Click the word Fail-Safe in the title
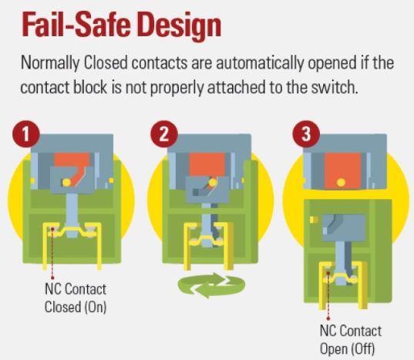[x=76, y=25]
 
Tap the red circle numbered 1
[x=26, y=134]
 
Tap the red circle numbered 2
[x=164, y=134]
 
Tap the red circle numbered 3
[x=306, y=134]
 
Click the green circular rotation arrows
[x=211, y=285]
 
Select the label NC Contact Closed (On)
[x=76, y=298]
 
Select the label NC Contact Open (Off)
[x=350, y=340]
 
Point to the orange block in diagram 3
[x=343, y=171]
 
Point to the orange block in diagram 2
[x=207, y=165]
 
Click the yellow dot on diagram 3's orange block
[x=341, y=183]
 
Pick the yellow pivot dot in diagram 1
[x=66, y=182]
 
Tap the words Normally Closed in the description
[x=74, y=63]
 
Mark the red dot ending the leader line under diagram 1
[x=52, y=278]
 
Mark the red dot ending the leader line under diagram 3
[x=328, y=319]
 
